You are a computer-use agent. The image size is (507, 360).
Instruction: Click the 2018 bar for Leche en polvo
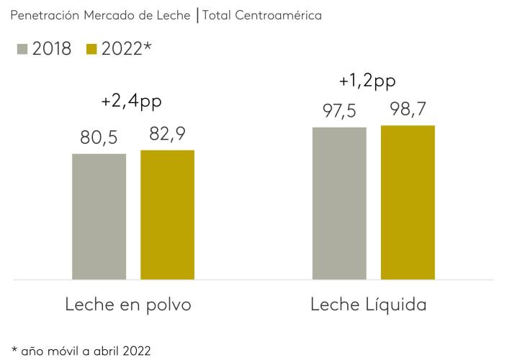pyautogui.click(x=99, y=216)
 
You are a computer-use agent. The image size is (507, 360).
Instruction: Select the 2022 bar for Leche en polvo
pyautogui.click(x=167, y=215)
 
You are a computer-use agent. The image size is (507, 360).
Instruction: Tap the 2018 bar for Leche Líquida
pyautogui.click(x=339, y=203)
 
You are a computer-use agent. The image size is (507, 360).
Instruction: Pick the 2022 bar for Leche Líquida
pyautogui.click(x=408, y=202)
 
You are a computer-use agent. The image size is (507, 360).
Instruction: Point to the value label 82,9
pyautogui.click(x=167, y=134)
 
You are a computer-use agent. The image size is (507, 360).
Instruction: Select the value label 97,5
pyautogui.click(x=339, y=111)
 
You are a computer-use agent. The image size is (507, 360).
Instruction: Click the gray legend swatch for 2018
pyautogui.click(x=21, y=50)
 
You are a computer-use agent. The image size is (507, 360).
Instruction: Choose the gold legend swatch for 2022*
pyautogui.click(x=91, y=50)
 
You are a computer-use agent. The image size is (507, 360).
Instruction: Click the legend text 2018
pyautogui.click(x=52, y=49)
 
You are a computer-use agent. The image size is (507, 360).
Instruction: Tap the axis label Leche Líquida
pyautogui.click(x=368, y=305)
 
